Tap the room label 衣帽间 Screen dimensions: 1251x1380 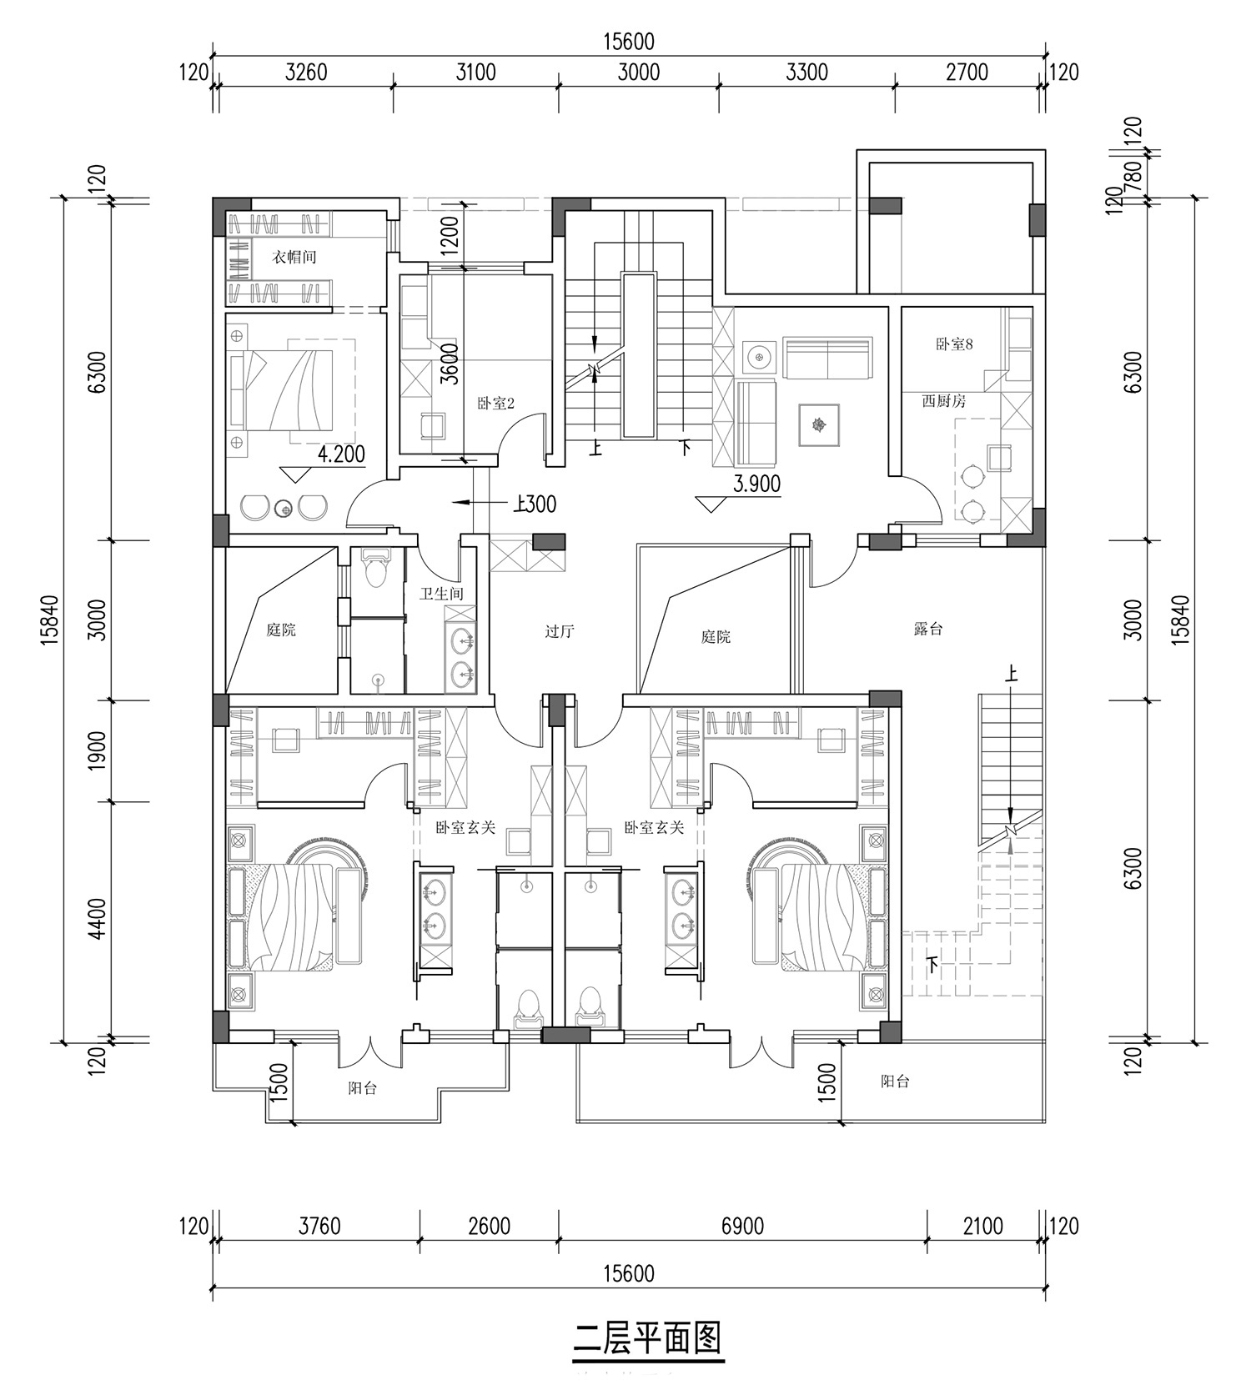click(x=295, y=257)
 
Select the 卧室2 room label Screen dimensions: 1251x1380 click(x=495, y=404)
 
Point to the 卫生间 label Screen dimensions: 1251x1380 click(x=441, y=594)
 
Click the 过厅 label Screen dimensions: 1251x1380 click(x=560, y=631)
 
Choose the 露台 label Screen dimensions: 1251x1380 click(x=927, y=629)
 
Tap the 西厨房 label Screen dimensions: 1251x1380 click(x=943, y=401)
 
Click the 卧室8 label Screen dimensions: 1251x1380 click(x=954, y=344)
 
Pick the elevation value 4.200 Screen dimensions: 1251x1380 click(x=342, y=454)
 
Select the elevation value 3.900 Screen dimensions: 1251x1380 click(x=756, y=484)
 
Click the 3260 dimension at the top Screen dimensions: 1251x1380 click(x=306, y=72)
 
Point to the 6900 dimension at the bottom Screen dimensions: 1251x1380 click(x=742, y=1226)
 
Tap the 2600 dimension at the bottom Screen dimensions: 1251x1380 click(x=489, y=1226)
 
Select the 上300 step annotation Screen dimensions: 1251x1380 click(x=535, y=504)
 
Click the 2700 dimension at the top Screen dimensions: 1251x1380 click(x=967, y=72)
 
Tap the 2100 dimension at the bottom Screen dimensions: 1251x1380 click(x=982, y=1226)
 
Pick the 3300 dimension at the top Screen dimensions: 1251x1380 click(x=806, y=72)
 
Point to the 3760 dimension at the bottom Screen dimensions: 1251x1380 click(x=319, y=1226)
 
